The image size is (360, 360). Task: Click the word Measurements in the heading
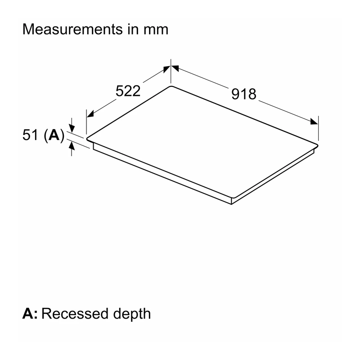coord(72,29)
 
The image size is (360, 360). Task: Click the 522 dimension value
coord(128,91)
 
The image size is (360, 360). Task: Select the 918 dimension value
coord(243,94)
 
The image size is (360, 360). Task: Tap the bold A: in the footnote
coord(30,313)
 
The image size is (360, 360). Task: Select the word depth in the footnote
coord(132,315)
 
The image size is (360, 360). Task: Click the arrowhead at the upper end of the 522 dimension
coord(166,69)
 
